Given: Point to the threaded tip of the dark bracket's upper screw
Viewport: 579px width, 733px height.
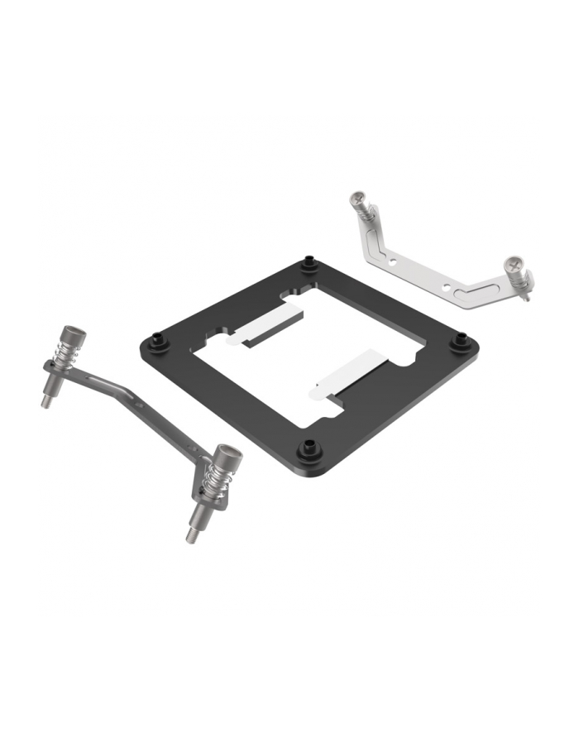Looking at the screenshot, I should (x=47, y=400).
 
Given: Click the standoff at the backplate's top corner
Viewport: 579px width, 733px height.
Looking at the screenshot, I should (x=309, y=264).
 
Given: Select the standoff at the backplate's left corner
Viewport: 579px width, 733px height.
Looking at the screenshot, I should (x=157, y=338).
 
